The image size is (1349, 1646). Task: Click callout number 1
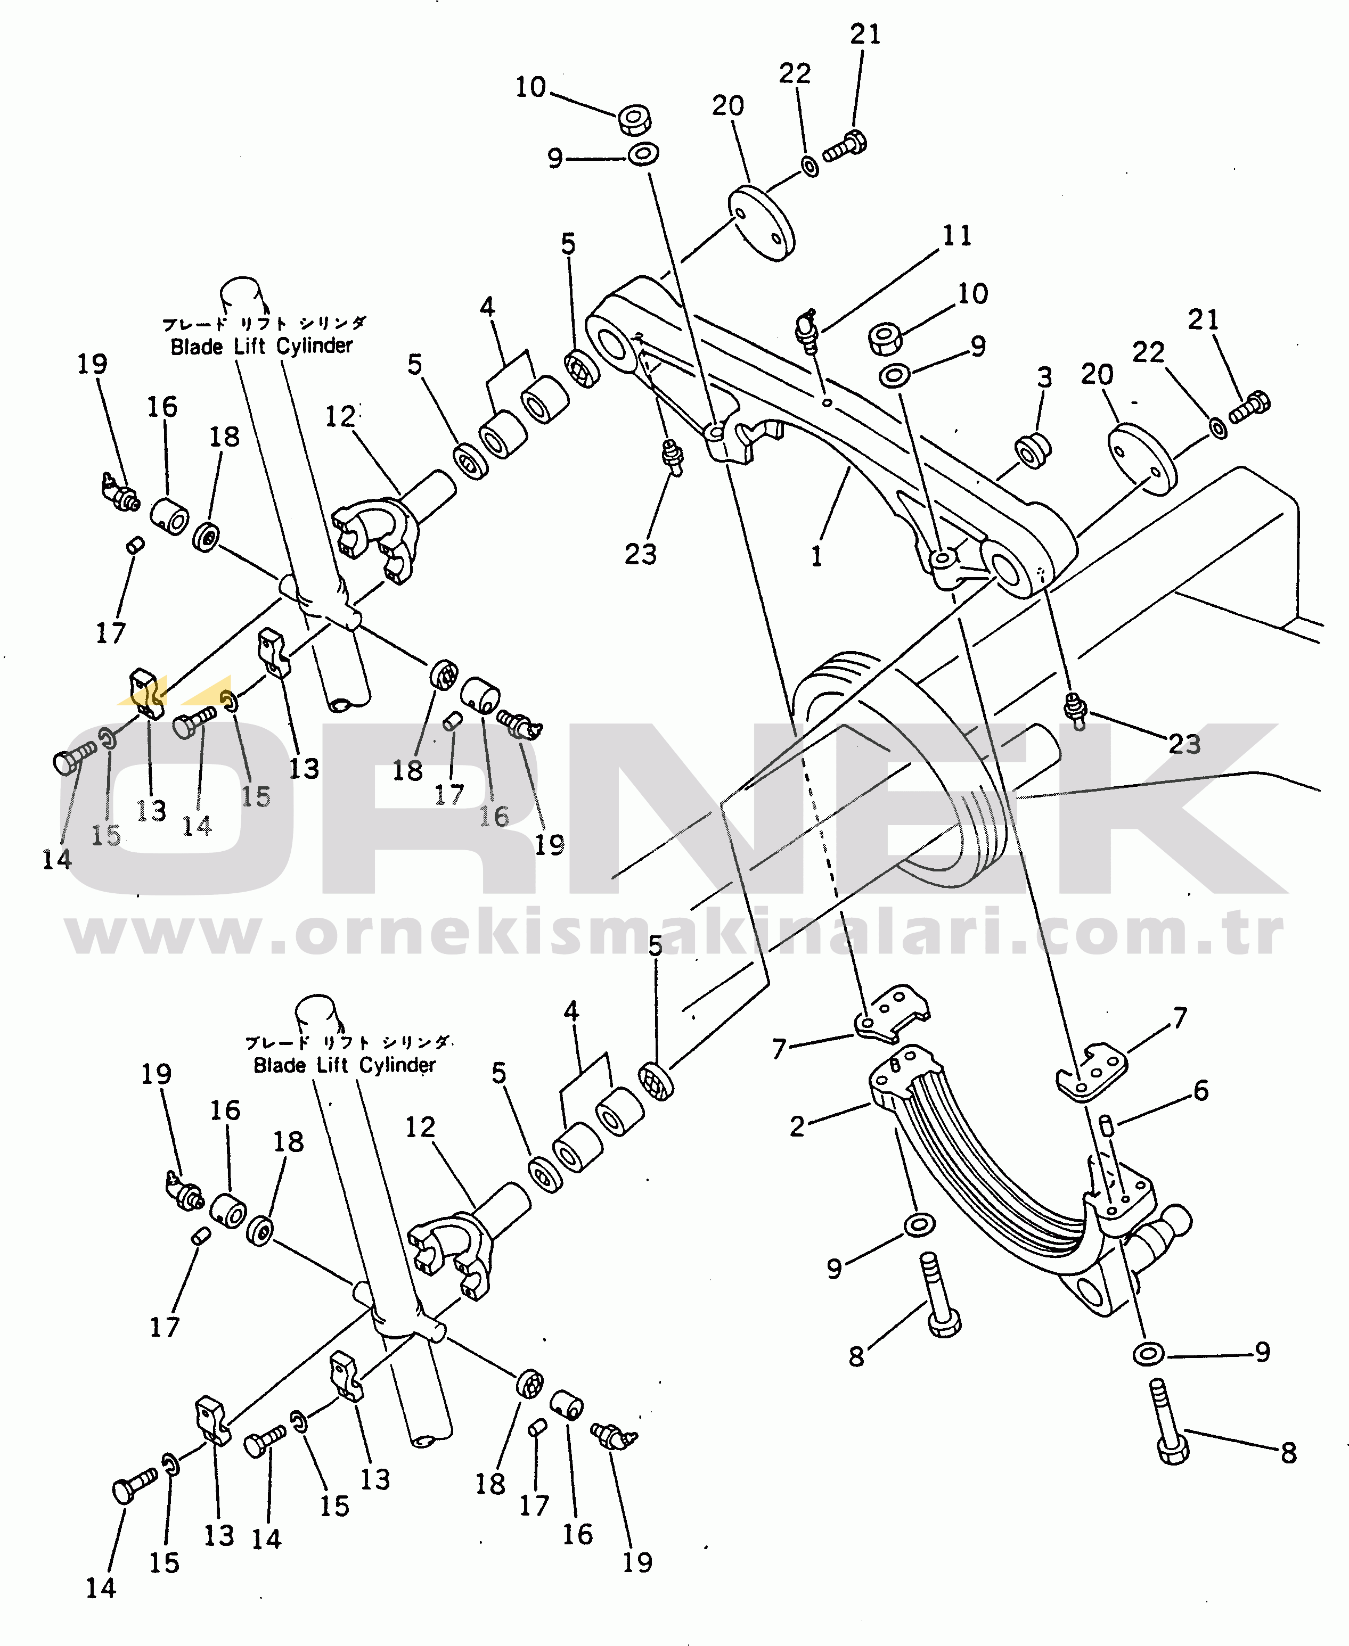[817, 556]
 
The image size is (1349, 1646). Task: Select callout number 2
[797, 1125]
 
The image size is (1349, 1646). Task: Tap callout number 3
[1044, 377]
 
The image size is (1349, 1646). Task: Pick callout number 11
[956, 235]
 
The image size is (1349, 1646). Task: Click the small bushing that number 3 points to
[1033, 450]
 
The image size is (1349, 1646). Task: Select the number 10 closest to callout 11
[972, 294]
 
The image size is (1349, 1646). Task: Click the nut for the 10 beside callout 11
[884, 338]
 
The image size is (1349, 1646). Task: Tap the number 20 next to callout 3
[1097, 374]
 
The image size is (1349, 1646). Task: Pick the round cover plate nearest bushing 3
[1141, 458]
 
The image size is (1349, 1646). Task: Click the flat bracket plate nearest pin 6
[1092, 1072]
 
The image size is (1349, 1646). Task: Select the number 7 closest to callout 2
[779, 1049]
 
